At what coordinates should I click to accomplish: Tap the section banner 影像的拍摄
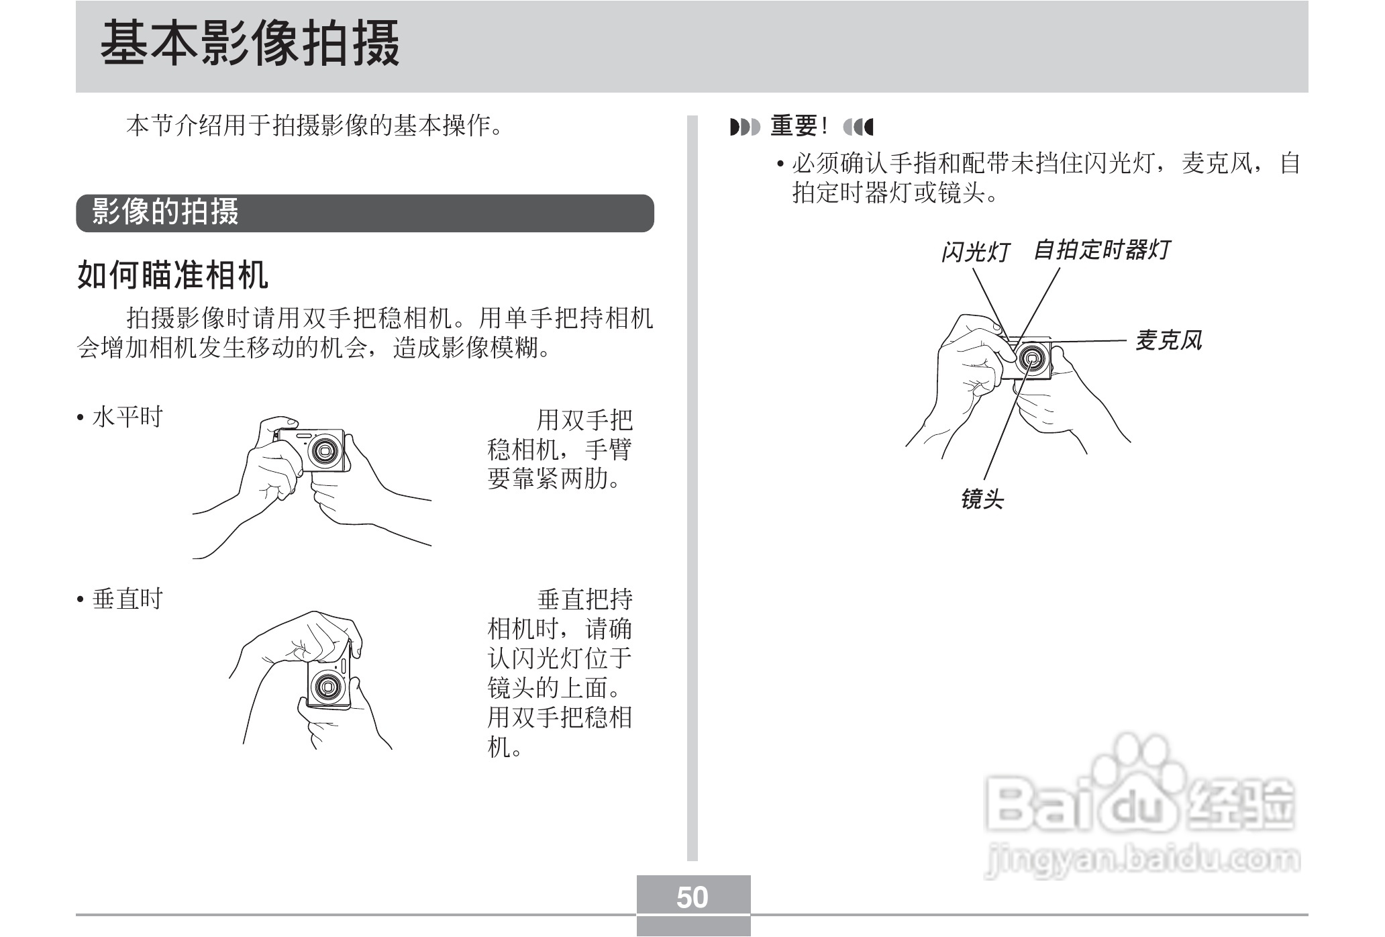point(165,212)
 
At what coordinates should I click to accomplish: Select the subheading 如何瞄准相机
point(173,275)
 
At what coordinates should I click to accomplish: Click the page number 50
point(692,897)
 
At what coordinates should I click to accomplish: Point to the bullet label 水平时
point(127,417)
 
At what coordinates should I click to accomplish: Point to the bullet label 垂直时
point(127,599)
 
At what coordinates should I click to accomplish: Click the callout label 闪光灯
point(975,252)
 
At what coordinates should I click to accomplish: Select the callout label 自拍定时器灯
point(1102,250)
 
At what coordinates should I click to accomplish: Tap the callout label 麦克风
point(1168,340)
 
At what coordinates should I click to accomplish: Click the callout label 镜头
point(982,499)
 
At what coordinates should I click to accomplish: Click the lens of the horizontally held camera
point(327,449)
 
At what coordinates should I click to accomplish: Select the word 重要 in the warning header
point(794,126)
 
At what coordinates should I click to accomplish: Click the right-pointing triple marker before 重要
point(744,126)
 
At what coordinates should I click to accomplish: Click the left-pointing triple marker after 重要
point(858,126)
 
